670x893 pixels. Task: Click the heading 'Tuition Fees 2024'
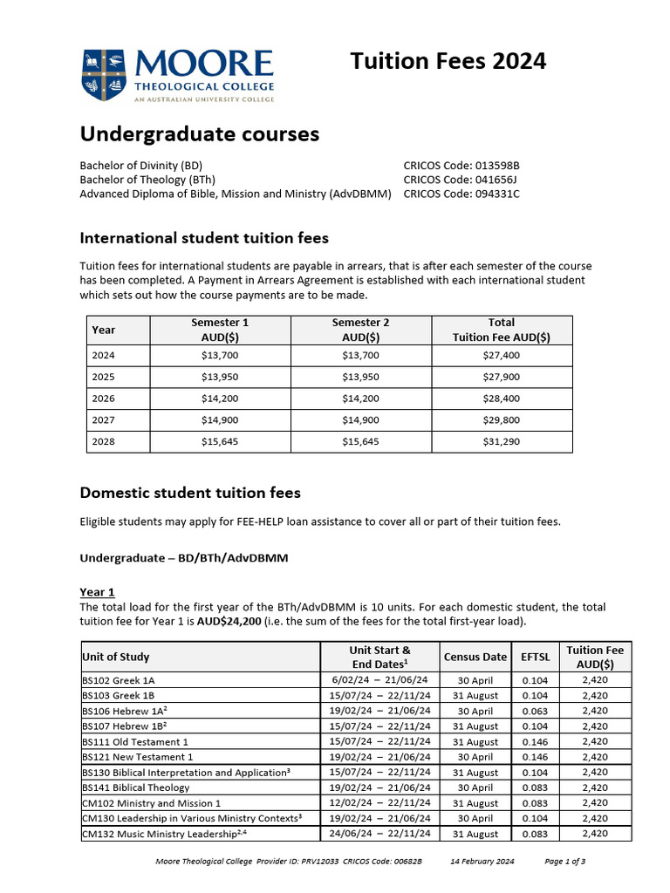point(448,61)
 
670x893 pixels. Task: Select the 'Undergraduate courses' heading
point(199,134)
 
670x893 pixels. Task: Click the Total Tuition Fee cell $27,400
point(501,356)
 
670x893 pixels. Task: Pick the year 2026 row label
point(103,399)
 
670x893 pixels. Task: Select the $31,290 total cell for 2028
point(501,442)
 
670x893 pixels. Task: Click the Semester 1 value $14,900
point(220,420)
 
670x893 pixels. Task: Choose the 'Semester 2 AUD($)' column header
point(360,330)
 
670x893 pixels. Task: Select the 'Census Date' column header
point(475,657)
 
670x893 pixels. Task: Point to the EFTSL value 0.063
point(536,711)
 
